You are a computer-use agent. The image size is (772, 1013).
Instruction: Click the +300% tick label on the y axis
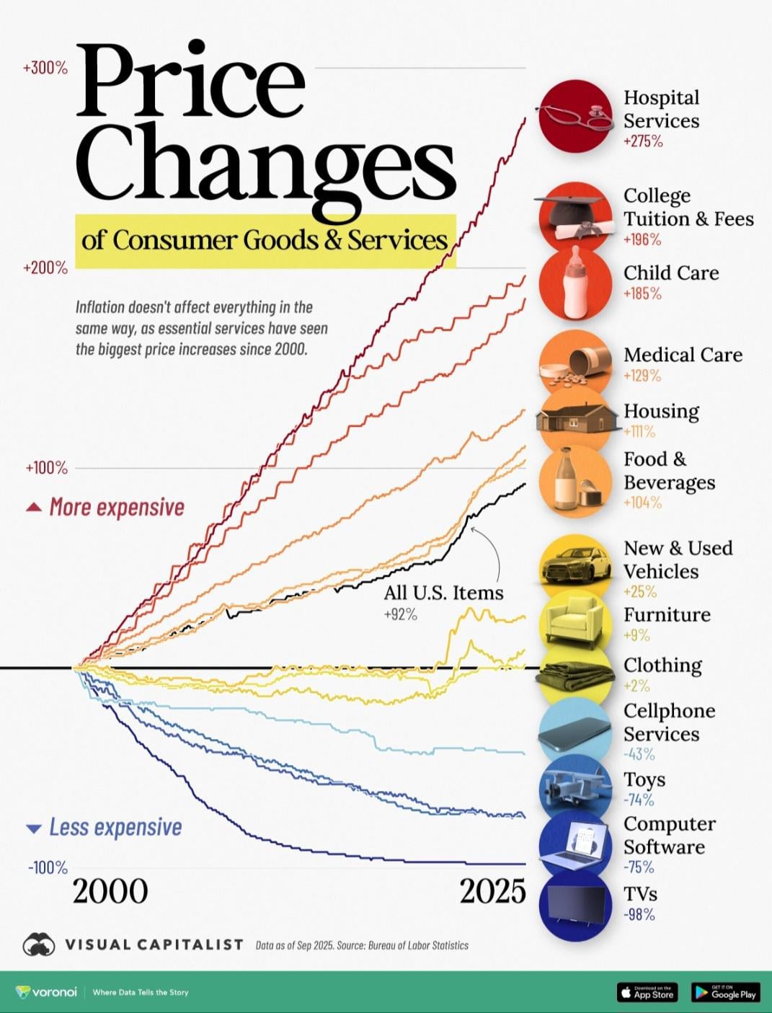[45, 68]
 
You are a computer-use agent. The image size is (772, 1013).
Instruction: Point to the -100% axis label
[48, 867]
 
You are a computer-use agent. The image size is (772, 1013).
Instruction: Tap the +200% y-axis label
[45, 268]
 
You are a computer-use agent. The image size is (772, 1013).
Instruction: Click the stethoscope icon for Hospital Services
[574, 116]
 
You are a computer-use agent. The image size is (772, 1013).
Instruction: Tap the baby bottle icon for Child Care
[574, 283]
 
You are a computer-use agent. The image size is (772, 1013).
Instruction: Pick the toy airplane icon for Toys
[574, 788]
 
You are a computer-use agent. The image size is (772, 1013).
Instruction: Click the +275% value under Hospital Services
[642, 141]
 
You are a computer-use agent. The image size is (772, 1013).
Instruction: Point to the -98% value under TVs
[639, 915]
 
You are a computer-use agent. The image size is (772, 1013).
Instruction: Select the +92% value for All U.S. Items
[400, 615]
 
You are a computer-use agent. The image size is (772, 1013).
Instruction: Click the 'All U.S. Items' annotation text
[443, 593]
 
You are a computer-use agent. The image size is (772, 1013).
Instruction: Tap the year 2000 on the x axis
[110, 892]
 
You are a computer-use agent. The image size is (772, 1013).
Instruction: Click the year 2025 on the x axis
[493, 892]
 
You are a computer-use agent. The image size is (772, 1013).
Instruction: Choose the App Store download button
[647, 992]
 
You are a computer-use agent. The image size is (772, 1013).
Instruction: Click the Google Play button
[725, 992]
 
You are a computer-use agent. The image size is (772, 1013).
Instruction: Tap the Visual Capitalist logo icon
[39, 945]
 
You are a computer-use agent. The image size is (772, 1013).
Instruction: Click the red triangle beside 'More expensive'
[33, 508]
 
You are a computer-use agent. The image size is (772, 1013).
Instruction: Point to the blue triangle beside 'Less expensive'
[33, 828]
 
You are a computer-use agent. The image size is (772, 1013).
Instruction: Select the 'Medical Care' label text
[682, 355]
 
